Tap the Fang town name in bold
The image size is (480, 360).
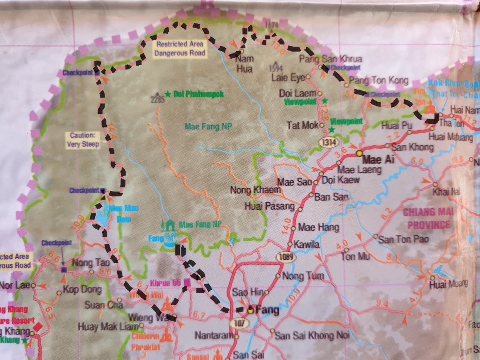pyautogui.click(x=267, y=310)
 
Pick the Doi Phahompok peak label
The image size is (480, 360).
pyautogui.click(x=192, y=94)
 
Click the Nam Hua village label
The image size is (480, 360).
pyautogui.click(x=244, y=65)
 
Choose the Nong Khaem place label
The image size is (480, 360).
pyautogui.click(x=255, y=190)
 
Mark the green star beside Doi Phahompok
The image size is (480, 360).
pyautogui.click(x=167, y=94)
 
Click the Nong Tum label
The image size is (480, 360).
pyautogui.click(x=303, y=276)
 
